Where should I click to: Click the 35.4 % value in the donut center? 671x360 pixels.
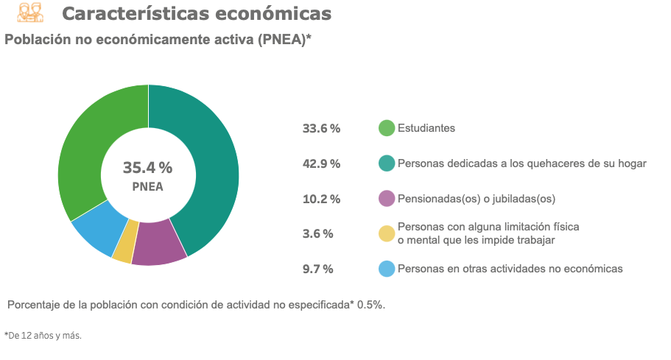[x=147, y=168]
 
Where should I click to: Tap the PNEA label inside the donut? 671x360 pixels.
[x=147, y=187]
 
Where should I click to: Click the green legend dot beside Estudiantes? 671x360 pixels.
[x=387, y=128]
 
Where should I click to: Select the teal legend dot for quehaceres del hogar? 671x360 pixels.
[x=387, y=163]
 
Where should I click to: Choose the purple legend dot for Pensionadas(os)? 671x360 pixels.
[x=387, y=199]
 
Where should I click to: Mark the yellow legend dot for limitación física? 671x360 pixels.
[x=387, y=233]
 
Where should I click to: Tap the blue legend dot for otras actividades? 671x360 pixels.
[x=387, y=269]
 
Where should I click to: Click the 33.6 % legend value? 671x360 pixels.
[x=321, y=128]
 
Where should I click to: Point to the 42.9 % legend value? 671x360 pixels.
[x=321, y=163]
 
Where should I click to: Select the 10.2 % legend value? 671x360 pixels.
[x=321, y=199]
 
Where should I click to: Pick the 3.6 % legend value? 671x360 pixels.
[x=318, y=233]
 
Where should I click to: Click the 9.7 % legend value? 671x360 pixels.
[x=318, y=269]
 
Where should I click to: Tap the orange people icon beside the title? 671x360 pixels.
[x=30, y=13]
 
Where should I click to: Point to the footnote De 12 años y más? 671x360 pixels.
[x=43, y=336]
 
